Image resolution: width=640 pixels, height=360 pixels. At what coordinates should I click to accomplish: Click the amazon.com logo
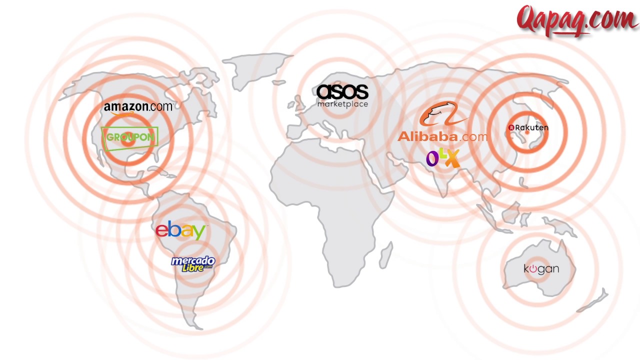tap(138, 108)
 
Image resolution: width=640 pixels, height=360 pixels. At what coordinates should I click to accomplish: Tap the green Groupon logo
tap(129, 138)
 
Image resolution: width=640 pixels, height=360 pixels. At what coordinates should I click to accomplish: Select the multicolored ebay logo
tap(180, 230)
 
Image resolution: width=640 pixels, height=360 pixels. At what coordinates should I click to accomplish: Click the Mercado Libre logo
tap(193, 264)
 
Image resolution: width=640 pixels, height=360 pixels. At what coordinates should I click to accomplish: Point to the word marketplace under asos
tap(342, 104)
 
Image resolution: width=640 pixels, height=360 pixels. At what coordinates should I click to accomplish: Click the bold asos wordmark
tap(342, 92)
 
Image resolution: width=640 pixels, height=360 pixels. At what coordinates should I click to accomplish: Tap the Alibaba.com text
tap(442, 136)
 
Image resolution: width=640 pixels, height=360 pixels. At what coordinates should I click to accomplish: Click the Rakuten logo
tap(528, 127)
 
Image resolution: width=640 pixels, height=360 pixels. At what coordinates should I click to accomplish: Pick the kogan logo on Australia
tap(541, 269)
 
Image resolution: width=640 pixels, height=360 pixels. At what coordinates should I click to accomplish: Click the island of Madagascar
tap(386, 255)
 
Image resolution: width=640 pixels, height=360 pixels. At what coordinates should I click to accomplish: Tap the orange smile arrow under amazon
tap(122, 113)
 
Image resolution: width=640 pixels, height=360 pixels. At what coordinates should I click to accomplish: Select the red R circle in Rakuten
tap(511, 127)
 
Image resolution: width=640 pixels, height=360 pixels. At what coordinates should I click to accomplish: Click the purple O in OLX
tap(432, 158)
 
